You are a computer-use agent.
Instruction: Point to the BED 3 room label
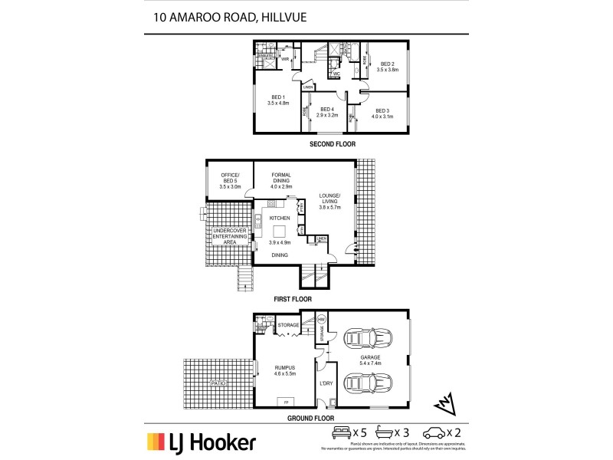(382, 112)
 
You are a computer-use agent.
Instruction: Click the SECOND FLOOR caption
(332, 144)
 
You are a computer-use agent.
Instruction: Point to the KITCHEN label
(279, 219)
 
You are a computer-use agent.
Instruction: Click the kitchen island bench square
(280, 232)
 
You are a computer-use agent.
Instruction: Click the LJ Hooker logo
(202, 442)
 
